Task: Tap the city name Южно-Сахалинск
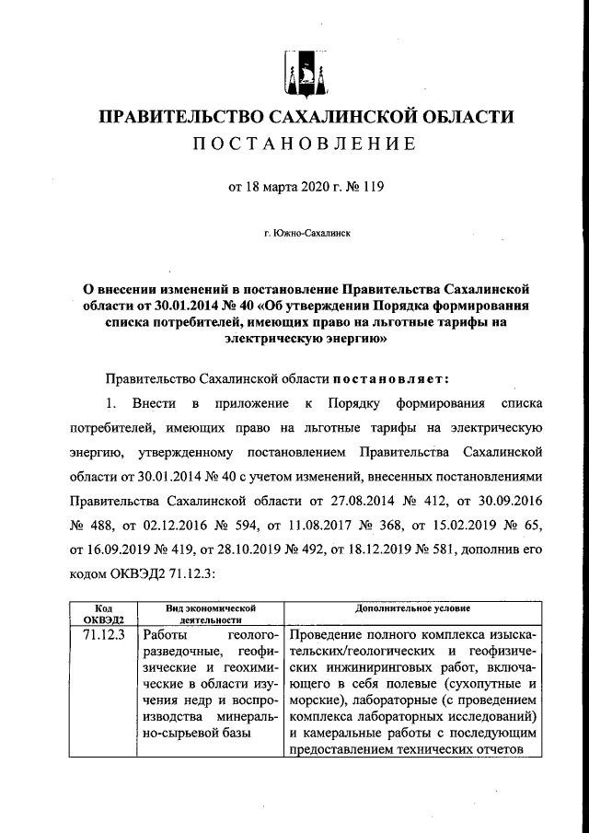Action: coord(306,235)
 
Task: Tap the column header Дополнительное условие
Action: coord(413,608)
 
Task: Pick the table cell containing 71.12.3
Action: coord(103,636)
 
